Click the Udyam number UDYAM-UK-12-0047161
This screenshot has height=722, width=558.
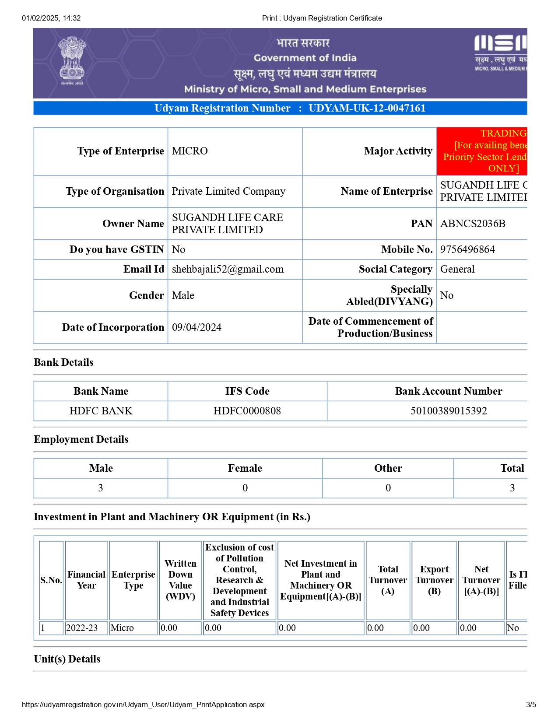[367, 108]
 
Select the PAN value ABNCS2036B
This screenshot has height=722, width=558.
[473, 224]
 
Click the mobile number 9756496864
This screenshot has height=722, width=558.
[467, 249]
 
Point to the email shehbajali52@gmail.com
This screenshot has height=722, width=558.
[228, 269]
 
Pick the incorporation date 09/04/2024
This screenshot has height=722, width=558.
[197, 327]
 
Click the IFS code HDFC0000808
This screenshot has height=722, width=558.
[247, 411]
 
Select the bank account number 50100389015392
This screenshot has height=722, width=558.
[449, 411]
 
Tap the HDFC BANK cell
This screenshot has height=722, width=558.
[101, 411]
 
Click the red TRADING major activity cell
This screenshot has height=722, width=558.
[482, 151]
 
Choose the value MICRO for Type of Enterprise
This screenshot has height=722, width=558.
[190, 151]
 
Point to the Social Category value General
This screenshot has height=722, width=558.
[457, 269]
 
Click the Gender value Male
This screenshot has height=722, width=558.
[183, 295]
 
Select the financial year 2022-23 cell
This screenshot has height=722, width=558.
[82, 628]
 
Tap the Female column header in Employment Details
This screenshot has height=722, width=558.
[245, 468]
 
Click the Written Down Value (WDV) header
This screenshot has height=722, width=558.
[180, 580]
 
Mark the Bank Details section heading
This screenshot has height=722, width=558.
[63, 362]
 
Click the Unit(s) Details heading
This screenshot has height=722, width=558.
[67, 659]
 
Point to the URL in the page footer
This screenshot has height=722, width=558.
[143, 704]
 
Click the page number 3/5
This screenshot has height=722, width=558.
[531, 704]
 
